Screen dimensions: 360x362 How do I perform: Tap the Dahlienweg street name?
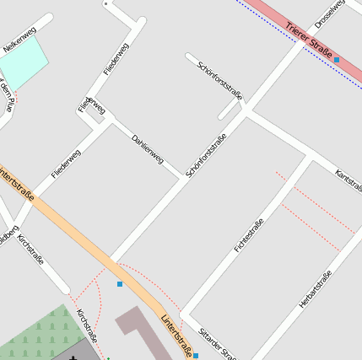coord(147,148)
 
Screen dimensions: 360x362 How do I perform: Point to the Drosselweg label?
coord(329,12)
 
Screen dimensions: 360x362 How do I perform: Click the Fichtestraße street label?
coord(247,235)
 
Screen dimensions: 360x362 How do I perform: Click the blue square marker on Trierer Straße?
coord(337,60)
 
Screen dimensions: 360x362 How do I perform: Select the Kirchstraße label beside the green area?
coord(87,326)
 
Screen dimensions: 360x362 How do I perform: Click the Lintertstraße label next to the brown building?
coord(177,335)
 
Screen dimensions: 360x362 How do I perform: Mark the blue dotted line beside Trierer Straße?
coord(295,40)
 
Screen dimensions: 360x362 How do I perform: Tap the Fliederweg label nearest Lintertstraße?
coord(66,164)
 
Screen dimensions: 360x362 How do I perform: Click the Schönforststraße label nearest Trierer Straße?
coord(219,80)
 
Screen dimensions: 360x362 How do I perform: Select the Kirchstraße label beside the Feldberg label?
coord(30,250)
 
